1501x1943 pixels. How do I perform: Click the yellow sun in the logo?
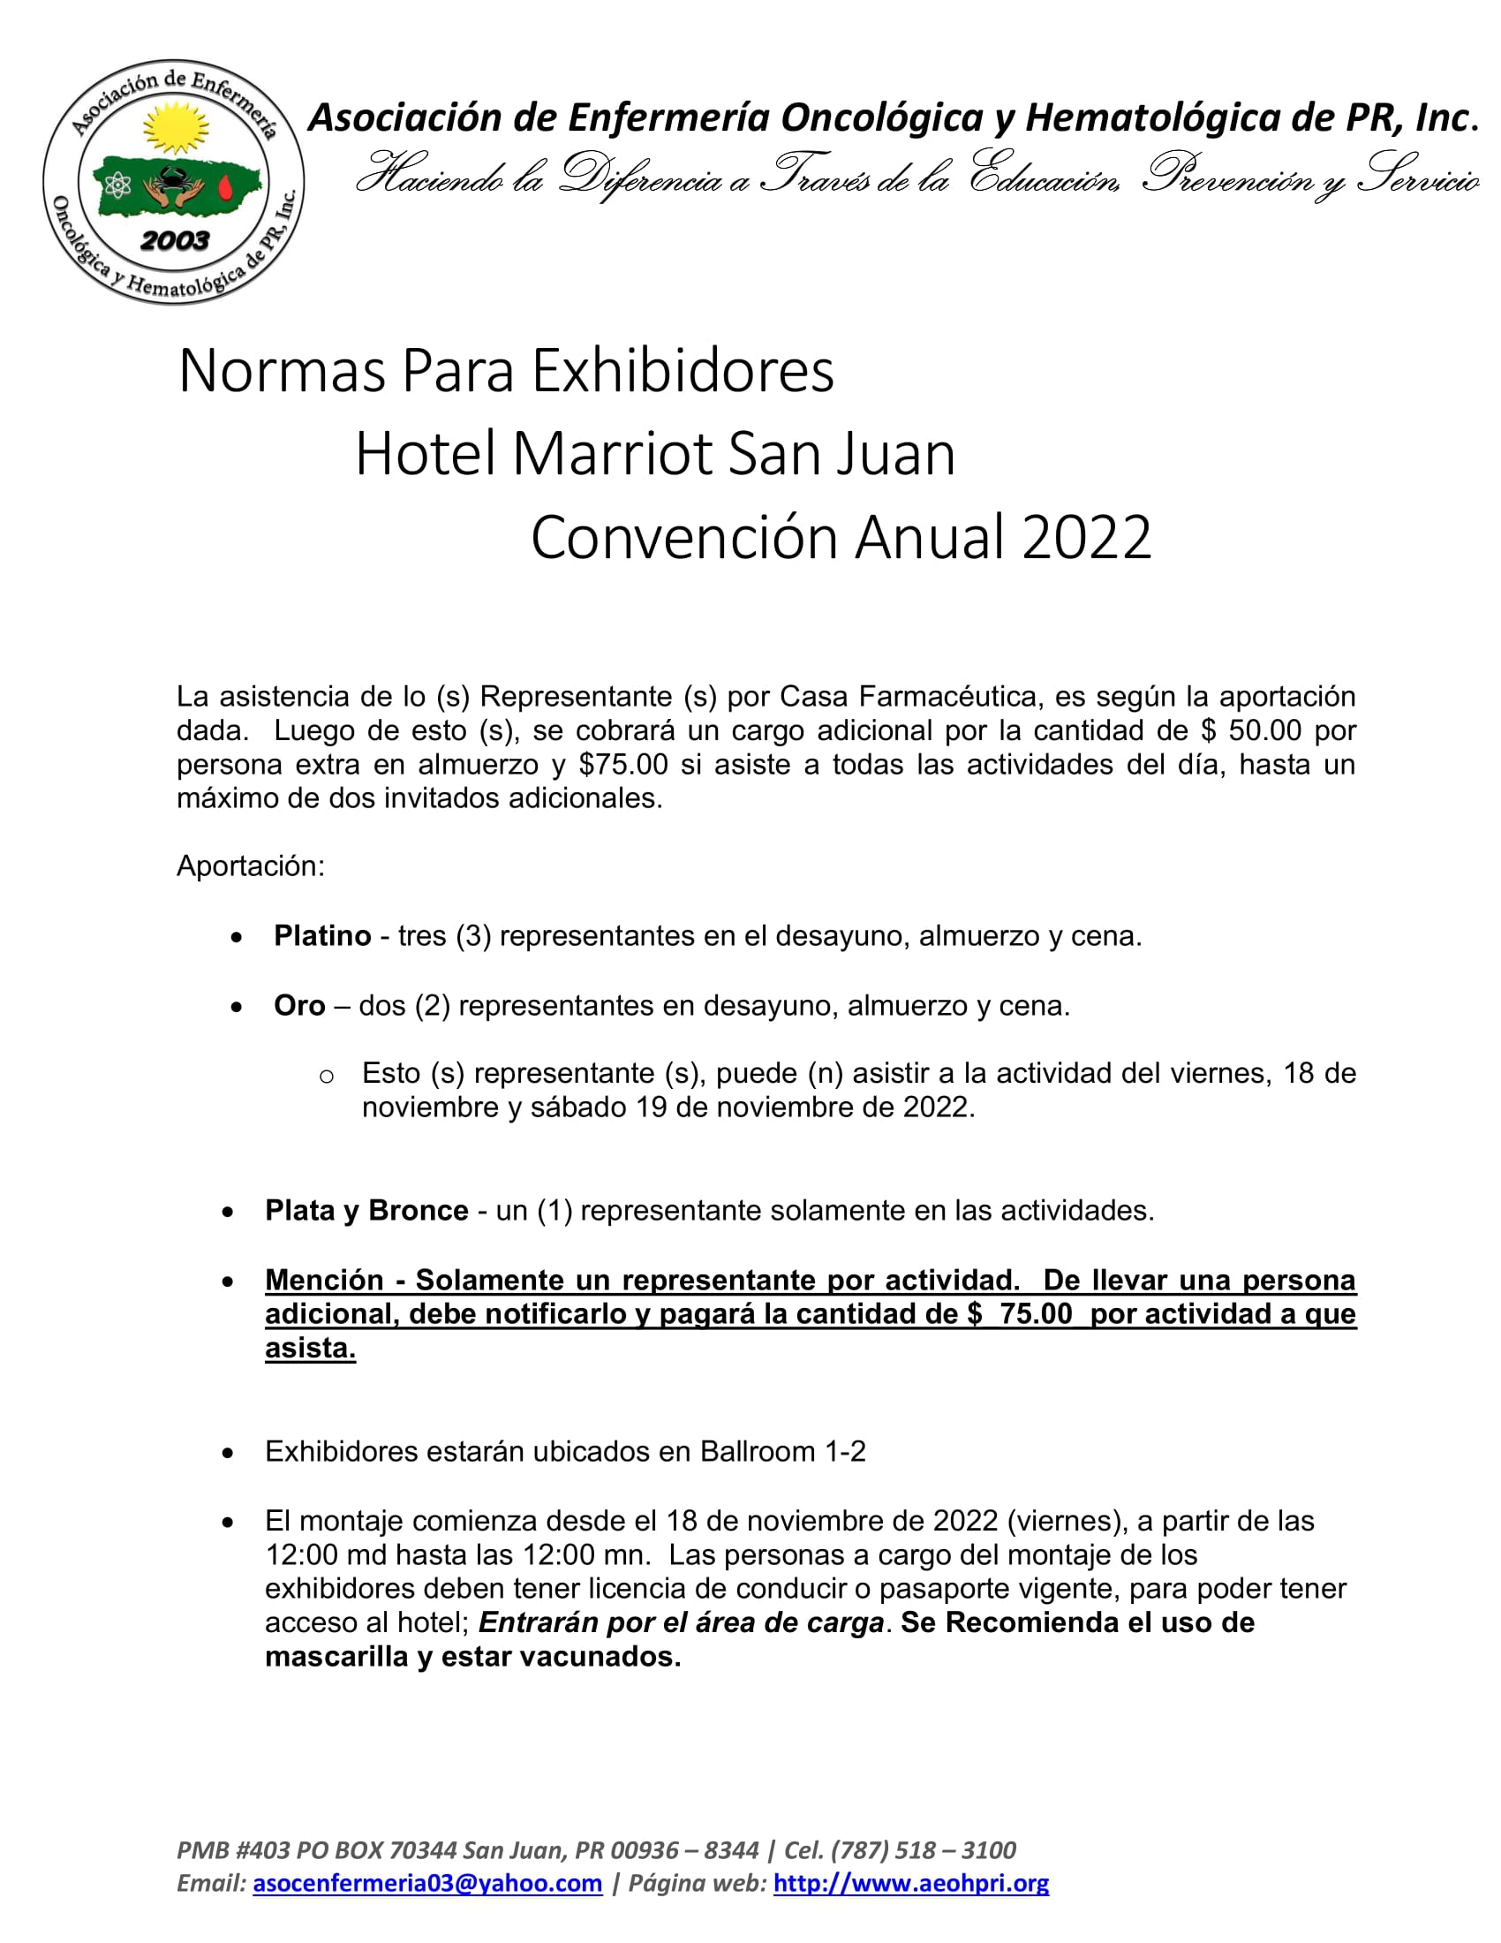[x=175, y=128]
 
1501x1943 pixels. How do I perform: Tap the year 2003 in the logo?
[x=174, y=240]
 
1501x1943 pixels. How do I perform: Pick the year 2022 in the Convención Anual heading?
[x=1087, y=537]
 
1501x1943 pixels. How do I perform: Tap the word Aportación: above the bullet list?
[x=251, y=866]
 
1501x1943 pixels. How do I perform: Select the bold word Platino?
[x=322, y=936]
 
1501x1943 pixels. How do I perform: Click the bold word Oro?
[x=298, y=1005]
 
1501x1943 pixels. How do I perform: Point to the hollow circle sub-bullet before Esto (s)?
[x=327, y=1077]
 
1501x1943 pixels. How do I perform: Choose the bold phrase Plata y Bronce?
[x=366, y=1210]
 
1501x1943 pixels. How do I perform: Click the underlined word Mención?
[x=324, y=1280]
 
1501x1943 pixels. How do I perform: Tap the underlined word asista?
[x=309, y=1348]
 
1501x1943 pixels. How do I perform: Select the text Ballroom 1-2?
[x=782, y=1451]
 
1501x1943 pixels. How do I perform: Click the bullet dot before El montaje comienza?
[x=229, y=1523]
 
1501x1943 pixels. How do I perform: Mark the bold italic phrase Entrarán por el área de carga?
[x=680, y=1622]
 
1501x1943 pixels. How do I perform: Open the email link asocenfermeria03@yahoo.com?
[x=426, y=1883]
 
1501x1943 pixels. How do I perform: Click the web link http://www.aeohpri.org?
[x=910, y=1883]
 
